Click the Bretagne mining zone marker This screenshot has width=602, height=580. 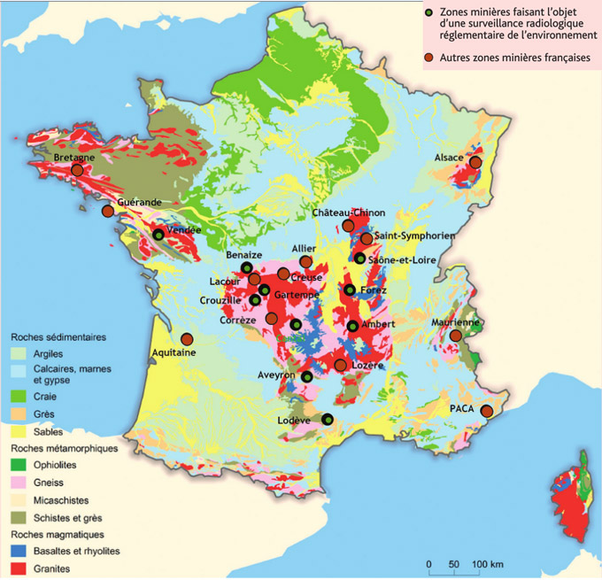77,170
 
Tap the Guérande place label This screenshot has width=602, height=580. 139,202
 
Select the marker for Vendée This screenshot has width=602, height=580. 158,235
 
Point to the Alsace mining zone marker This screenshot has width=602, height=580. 475,162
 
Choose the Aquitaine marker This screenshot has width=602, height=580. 187,339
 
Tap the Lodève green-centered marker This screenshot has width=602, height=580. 328,420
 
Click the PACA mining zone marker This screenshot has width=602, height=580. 484,410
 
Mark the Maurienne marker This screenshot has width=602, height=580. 455,336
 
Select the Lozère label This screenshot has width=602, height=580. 365,366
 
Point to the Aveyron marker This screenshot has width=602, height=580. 307,377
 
